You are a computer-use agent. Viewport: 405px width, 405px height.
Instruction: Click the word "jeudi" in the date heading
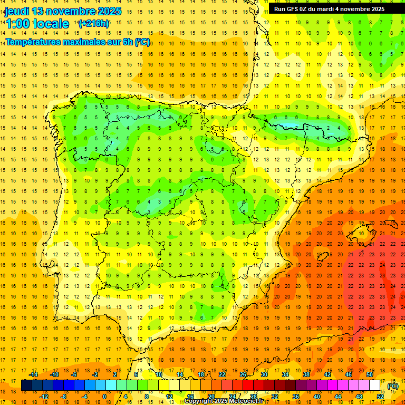coord(17,11)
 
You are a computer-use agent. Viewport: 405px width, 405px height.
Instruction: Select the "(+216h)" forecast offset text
coord(94,23)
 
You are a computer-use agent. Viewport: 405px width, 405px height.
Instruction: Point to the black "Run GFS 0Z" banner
coord(329,9)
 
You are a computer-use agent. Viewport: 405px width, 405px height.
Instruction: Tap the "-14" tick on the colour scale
coord(33,374)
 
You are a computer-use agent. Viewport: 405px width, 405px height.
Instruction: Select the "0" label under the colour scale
coord(104,397)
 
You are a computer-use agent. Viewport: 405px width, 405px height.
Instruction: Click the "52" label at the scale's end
coord(380,397)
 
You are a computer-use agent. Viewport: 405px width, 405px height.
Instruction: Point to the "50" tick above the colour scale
coord(369,374)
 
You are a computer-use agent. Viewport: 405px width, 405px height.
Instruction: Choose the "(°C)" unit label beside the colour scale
coord(393,386)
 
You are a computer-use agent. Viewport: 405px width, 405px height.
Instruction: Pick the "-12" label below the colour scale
coord(44,397)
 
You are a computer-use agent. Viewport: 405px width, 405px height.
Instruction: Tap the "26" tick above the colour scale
coord(243,374)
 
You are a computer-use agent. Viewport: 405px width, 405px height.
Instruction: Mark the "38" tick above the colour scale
coord(306,374)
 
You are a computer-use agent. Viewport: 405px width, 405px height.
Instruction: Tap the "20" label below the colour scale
coord(211,397)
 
